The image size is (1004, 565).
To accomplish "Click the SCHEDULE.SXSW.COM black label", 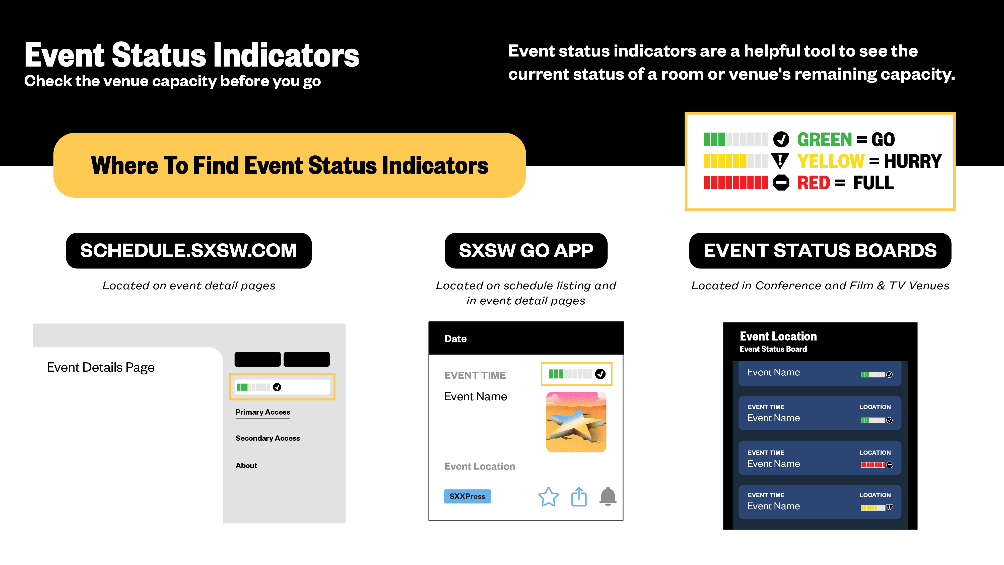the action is pyautogui.click(x=189, y=250).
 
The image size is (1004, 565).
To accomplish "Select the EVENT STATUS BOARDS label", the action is pyautogui.click(x=820, y=250).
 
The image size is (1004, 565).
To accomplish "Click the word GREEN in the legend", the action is pyautogui.click(x=824, y=140).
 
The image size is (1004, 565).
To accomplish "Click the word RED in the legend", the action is pyautogui.click(x=813, y=183).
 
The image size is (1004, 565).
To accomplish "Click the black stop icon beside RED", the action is pyautogui.click(x=781, y=183).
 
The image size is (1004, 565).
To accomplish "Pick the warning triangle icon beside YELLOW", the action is pyautogui.click(x=780, y=161).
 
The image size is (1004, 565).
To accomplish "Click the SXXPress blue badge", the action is pyautogui.click(x=467, y=496).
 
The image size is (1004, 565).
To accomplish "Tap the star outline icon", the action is pyautogui.click(x=548, y=497).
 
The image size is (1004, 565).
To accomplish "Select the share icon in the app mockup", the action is pyautogui.click(x=579, y=496).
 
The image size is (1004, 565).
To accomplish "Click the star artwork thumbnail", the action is pyautogui.click(x=576, y=422).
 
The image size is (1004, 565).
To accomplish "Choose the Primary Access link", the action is pyautogui.click(x=263, y=412).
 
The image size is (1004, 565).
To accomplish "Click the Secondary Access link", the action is pyautogui.click(x=268, y=438).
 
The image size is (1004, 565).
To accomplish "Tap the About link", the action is pyautogui.click(x=246, y=466).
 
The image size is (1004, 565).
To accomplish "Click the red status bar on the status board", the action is pyautogui.click(x=873, y=465).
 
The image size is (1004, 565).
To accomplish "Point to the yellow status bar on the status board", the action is pyautogui.click(x=873, y=508).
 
